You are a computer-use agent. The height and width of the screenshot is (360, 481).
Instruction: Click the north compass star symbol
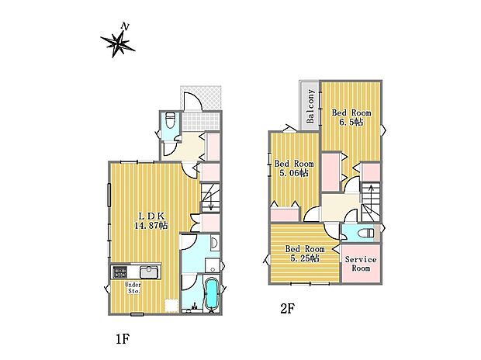[x=118, y=43]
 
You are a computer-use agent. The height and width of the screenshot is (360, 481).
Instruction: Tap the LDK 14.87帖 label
[x=151, y=220]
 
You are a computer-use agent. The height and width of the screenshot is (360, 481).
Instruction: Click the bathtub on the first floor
[x=211, y=294]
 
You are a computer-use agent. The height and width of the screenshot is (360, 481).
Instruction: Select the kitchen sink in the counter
[x=150, y=272]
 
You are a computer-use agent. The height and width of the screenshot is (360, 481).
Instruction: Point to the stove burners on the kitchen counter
[x=120, y=272]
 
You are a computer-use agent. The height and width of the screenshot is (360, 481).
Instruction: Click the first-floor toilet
[x=170, y=120]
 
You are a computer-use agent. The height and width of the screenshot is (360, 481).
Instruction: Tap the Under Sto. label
[x=133, y=288]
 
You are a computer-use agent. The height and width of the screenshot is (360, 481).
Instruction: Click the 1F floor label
[x=123, y=339]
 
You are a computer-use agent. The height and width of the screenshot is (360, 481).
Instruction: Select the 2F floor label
[x=287, y=308]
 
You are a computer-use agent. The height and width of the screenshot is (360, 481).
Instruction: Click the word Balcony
[x=310, y=106]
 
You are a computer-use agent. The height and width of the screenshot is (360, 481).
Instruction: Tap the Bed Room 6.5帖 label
[x=351, y=118]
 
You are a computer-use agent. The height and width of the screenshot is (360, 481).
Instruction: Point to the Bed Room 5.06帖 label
[x=294, y=168]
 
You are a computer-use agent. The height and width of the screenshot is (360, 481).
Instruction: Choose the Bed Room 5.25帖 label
[x=305, y=253]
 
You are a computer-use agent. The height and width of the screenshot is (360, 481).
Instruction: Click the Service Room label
[x=361, y=264]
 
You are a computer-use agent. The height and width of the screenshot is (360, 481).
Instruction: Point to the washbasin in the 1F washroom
[x=215, y=243]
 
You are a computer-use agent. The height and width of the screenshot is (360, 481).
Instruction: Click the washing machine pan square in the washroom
[x=213, y=265]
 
